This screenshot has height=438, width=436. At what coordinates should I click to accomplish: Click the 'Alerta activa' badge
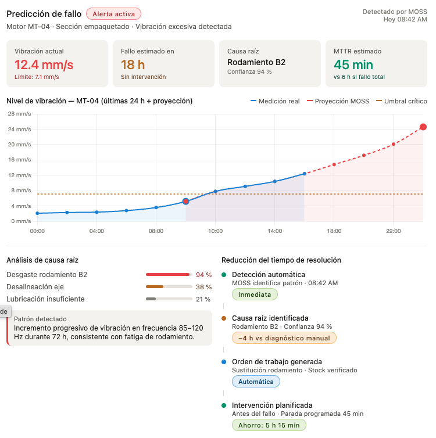pos(113,14)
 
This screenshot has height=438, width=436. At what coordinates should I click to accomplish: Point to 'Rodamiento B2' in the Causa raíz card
pos(256,62)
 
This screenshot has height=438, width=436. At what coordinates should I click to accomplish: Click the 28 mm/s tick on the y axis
pos(19,114)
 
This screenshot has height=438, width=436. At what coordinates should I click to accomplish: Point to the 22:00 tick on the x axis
pos(394,231)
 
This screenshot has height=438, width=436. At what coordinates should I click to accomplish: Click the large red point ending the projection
pos(423,127)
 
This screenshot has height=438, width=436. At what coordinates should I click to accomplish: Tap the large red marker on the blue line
pos(186,202)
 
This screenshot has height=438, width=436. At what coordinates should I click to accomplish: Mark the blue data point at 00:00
pos(37,213)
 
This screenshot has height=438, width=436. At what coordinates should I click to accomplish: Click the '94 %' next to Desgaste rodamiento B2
pos(203,274)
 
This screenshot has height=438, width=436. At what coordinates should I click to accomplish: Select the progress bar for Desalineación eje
pos(169,286)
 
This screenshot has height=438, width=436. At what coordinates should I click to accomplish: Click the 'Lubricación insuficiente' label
pos(45,299)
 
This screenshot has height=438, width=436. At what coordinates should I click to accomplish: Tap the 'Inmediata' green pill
pos(255,295)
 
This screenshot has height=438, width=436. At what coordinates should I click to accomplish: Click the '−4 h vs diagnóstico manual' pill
pos(284,338)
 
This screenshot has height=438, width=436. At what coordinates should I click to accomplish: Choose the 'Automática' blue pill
pos(256,382)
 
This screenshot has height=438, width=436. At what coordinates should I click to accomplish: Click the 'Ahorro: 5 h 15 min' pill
pos(269,425)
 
